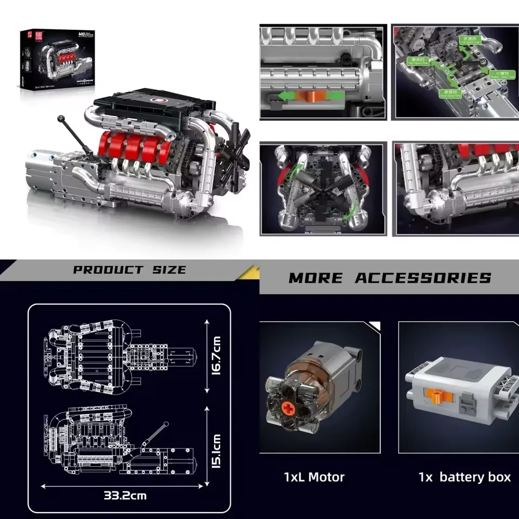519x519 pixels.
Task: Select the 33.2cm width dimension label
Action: tap(125, 495)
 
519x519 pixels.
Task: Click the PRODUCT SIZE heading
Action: tap(129, 270)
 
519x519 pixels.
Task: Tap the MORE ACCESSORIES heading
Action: tap(390, 278)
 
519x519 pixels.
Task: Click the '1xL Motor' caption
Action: tap(314, 477)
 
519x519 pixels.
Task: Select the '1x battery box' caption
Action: tap(464, 477)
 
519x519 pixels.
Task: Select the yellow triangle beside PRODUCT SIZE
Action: tap(250, 272)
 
